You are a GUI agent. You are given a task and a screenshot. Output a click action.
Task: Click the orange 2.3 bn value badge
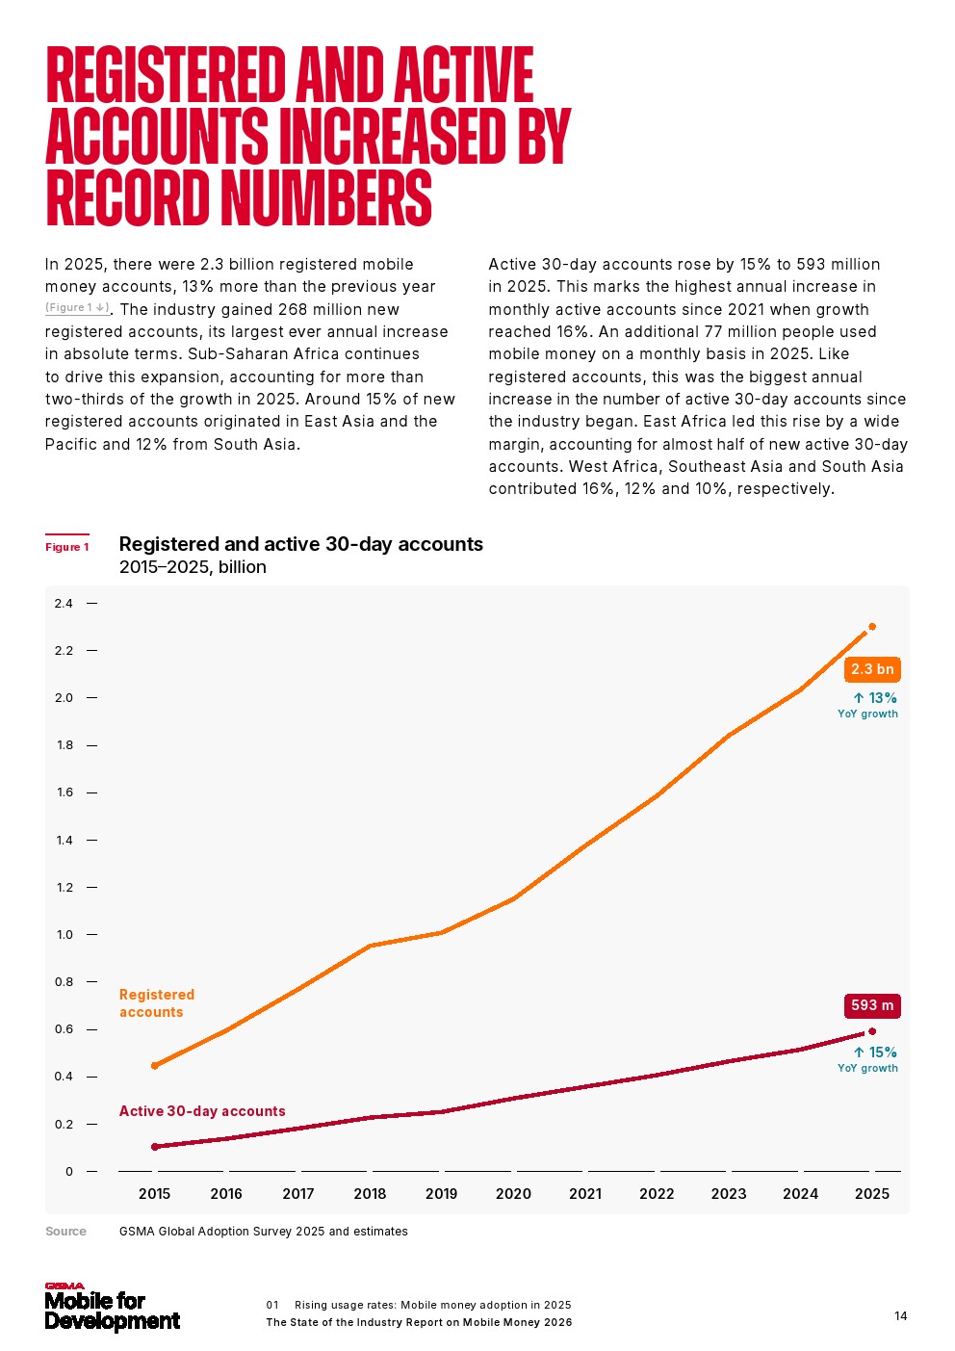pos(872,669)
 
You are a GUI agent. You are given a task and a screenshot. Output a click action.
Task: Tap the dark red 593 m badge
pos(872,1005)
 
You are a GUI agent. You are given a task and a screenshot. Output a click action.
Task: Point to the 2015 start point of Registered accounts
pos(155,1065)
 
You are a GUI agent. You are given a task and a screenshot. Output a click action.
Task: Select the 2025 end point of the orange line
pos(872,627)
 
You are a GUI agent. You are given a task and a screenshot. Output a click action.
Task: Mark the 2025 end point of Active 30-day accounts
pos(872,1031)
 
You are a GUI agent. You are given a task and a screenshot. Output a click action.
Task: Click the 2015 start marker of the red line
pos(155,1147)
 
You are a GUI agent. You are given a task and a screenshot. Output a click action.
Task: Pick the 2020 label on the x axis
pos(513,1194)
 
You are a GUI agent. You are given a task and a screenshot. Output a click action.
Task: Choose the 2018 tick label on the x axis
pos(370,1194)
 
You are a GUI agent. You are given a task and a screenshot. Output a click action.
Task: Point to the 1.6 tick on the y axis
pos(65,792)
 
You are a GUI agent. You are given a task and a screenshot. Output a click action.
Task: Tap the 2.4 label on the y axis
pos(65,604)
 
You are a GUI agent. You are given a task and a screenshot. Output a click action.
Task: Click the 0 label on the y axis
pos(69,1172)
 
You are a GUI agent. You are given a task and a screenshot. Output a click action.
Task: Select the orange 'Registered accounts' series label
pos(157,1003)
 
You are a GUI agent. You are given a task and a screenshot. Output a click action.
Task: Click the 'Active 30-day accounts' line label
pos(202,1111)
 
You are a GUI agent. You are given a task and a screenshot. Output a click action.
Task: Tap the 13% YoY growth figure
pos(875,698)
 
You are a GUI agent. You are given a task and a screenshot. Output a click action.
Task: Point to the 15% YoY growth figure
pos(875,1052)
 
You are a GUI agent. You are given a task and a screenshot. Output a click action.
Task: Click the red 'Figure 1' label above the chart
pos(67,547)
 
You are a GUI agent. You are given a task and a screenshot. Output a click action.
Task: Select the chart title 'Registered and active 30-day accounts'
pos(300,544)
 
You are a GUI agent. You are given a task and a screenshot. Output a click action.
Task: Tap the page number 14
pos(900,1316)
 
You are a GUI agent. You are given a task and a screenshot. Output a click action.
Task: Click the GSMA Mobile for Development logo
pos(112,1309)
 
